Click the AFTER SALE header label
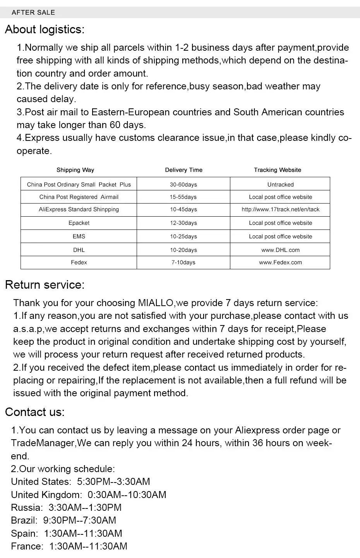pyautogui.click(x=33, y=12)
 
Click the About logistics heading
pyautogui.click(x=45, y=29)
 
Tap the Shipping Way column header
pyautogui.click(x=75, y=170)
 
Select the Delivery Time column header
pyautogui.click(x=183, y=170)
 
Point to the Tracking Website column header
pyautogui.click(x=277, y=170)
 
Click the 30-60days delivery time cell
pyautogui.click(x=183, y=185)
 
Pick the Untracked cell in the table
pyautogui.click(x=280, y=185)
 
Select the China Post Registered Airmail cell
pyautogui.click(x=79, y=197)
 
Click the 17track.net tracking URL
pyautogui.click(x=280, y=209)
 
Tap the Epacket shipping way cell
pyautogui.click(x=79, y=223)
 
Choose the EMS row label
pyautogui.click(x=79, y=236)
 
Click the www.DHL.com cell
pyautogui.click(x=280, y=250)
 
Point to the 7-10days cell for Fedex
pyautogui.click(x=183, y=262)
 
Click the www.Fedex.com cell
pyautogui.click(x=280, y=262)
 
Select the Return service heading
pyautogui.click(x=45, y=285)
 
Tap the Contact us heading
pyautogui.click(x=35, y=412)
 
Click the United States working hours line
pyautogui.click(x=81, y=482)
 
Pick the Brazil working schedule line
pyautogui.click(x=63, y=520)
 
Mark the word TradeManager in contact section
pyautogui.click(x=43, y=443)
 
